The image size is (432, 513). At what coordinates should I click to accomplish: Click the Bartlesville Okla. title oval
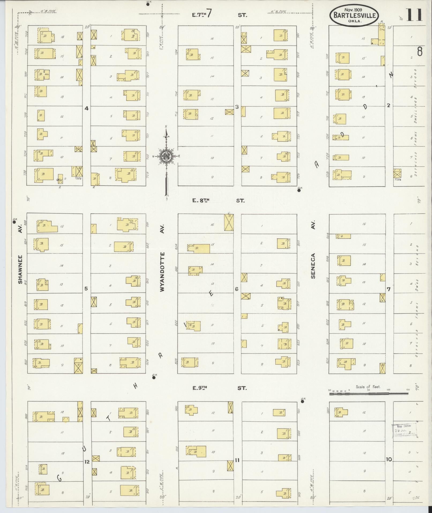coord(354,15)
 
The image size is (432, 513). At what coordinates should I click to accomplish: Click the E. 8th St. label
coord(218,201)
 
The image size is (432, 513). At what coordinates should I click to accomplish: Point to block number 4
coord(86,108)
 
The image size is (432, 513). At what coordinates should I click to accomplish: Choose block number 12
coord(87,462)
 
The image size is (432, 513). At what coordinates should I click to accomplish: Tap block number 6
coord(237,289)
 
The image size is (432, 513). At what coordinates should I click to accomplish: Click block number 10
coord(389,460)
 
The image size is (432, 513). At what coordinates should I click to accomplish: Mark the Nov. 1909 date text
coord(354,9)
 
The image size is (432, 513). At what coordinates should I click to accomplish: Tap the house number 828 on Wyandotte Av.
coord(176,362)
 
